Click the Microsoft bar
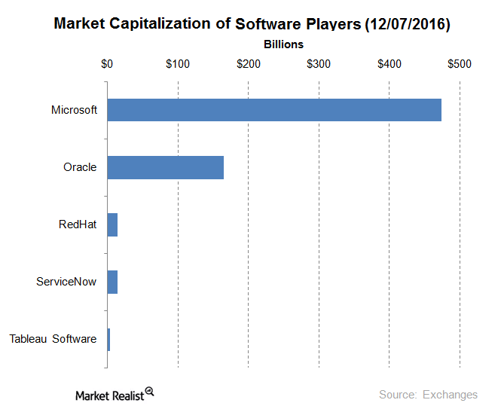pyautogui.click(x=274, y=110)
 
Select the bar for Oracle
pyautogui.click(x=165, y=167)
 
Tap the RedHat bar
pyautogui.click(x=112, y=224)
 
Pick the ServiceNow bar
pyautogui.click(x=112, y=282)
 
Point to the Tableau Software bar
pyautogui.click(x=108, y=339)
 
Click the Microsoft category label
pyautogui.click(x=74, y=110)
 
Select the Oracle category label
pyautogui.click(x=80, y=167)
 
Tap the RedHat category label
pyautogui.click(x=78, y=224)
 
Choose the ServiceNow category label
pyautogui.click(x=66, y=282)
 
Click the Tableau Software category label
pyautogui.click(x=53, y=339)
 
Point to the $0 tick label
pyautogui.click(x=107, y=64)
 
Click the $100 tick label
pyautogui.click(x=178, y=64)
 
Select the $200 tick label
pyautogui.click(x=248, y=64)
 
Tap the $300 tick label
pyautogui.click(x=319, y=64)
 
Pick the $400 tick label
pyautogui.click(x=389, y=64)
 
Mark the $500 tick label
pyautogui.click(x=459, y=64)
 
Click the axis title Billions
pyautogui.click(x=283, y=44)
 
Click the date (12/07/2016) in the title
pyautogui.click(x=407, y=25)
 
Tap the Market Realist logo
pyautogui.click(x=114, y=394)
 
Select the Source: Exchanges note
pyautogui.click(x=428, y=395)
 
